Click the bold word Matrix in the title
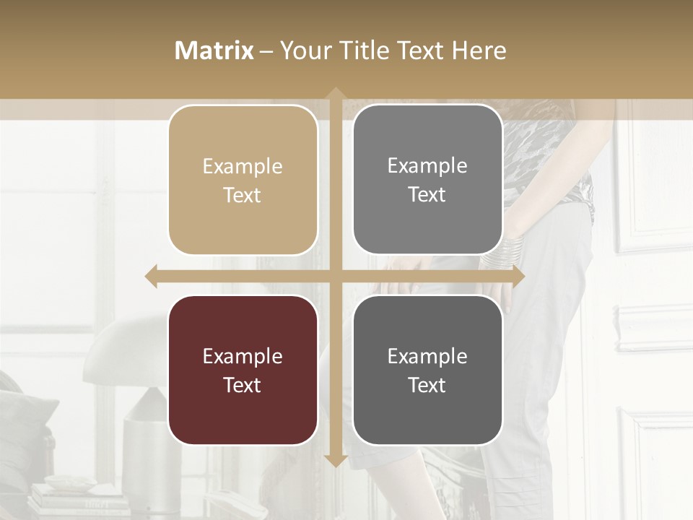tap(214, 51)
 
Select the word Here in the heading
tap(479, 51)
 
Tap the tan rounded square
tap(243, 180)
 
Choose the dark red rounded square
tap(243, 370)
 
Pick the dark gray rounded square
tap(427, 370)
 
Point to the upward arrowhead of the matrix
tap(335, 95)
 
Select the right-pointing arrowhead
tap(518, 276)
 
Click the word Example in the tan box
tap(243, 167)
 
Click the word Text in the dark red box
tap(243, 385)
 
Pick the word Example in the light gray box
tap(427, 166)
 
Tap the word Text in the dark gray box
tap(427, 385)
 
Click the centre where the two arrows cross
tap(335, 276)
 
